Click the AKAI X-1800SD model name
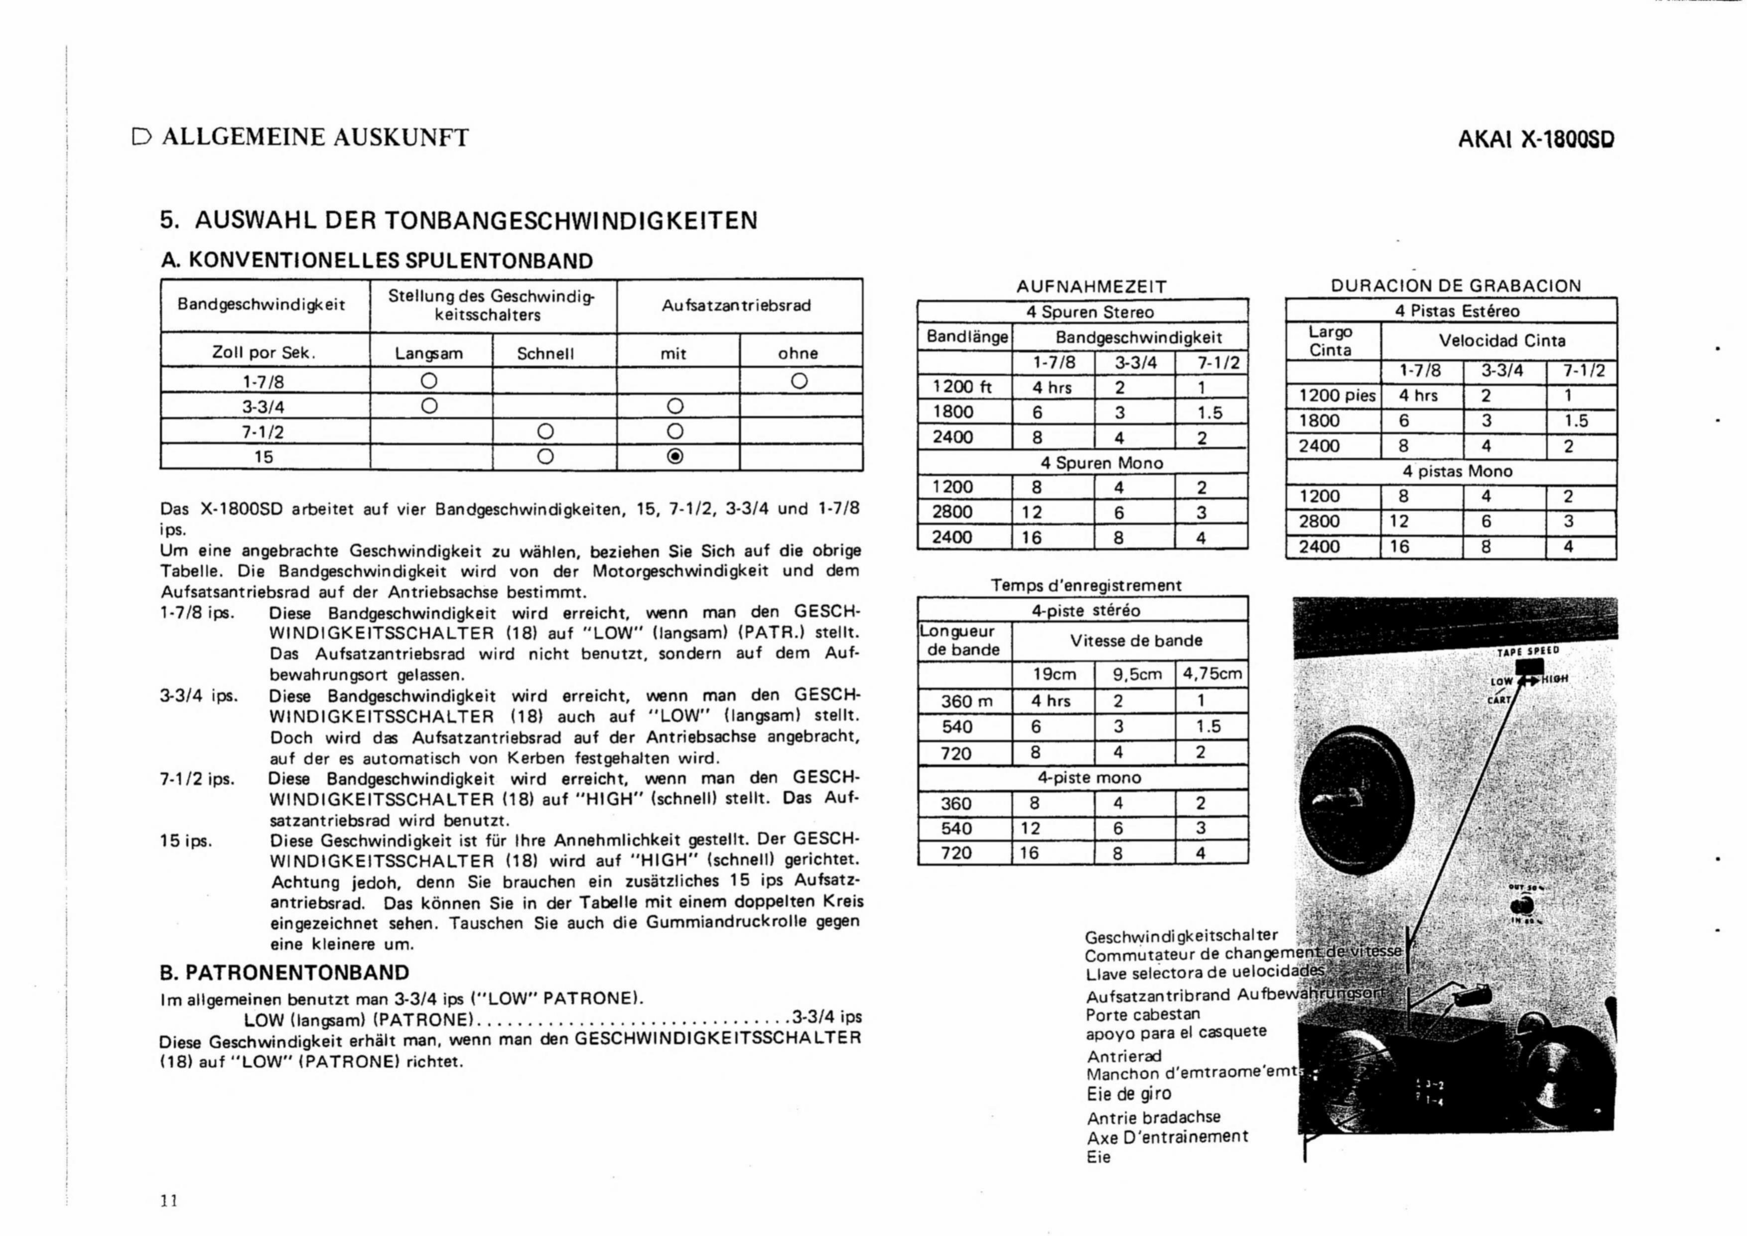(1536, 139)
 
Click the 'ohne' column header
(798, 353)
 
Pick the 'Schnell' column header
(545, 354)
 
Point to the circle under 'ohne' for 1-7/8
(798, 380)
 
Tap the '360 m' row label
(965, 701)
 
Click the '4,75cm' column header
(1211, 674)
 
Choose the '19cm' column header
(1054, 674)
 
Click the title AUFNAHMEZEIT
(1091, 287)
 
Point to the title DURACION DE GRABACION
(1456, 286)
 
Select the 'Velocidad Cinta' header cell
(1501, 341)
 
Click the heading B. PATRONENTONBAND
(284, 972)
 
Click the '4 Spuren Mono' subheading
(1101, 463)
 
